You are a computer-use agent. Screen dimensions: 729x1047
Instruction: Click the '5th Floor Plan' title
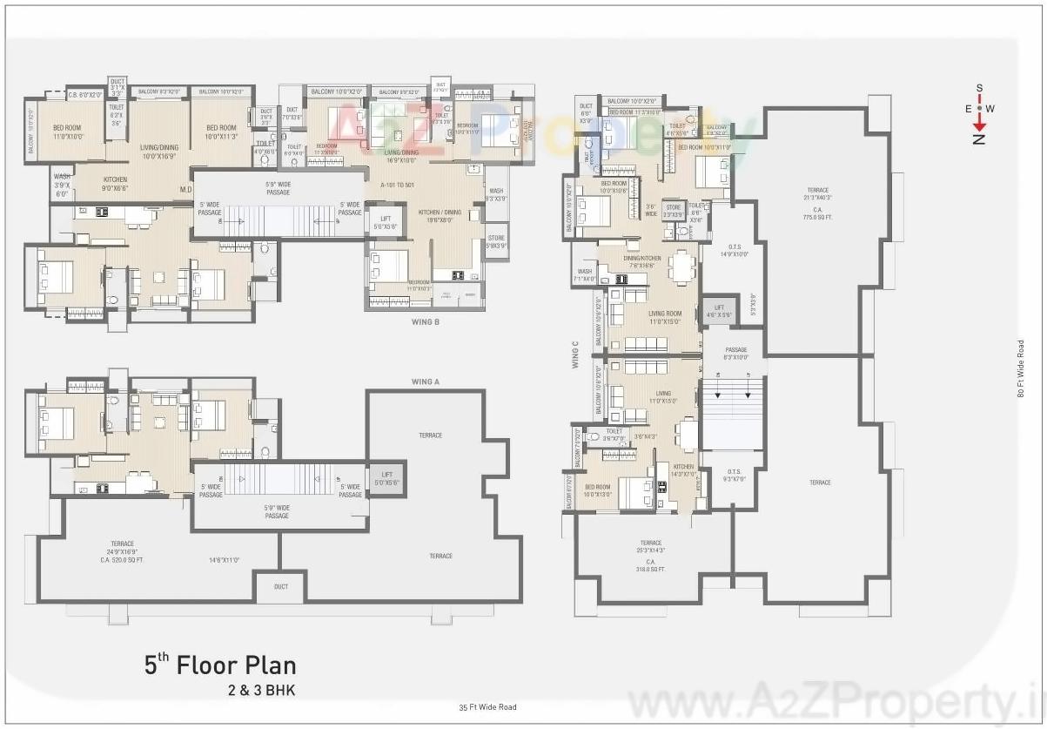coord(220,666)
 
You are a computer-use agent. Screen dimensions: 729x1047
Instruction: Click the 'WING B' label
coord(426,321)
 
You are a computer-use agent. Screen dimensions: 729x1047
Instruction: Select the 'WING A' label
coord(426,381)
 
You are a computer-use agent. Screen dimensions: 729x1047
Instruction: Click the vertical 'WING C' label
coord(575,354)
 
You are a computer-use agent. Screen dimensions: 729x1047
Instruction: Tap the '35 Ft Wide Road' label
coord(488,707)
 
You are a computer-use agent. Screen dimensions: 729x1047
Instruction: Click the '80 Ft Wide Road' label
coord(1020,368)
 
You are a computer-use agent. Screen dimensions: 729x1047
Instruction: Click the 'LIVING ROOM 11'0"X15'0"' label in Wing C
coord(665,318)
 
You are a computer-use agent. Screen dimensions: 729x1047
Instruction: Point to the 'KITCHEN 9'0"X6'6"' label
coord(115,183)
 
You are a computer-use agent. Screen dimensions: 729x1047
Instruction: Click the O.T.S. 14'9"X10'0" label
coord(734,251)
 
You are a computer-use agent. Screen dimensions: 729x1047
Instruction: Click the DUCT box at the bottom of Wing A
coord(280,587)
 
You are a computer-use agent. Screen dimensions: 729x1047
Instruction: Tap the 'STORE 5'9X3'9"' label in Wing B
coord(496,241)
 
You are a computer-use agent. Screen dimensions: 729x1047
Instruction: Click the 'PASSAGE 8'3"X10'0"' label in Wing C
coord(736,353)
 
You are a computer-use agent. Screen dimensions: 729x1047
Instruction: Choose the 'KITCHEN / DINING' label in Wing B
coord(440,216)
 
